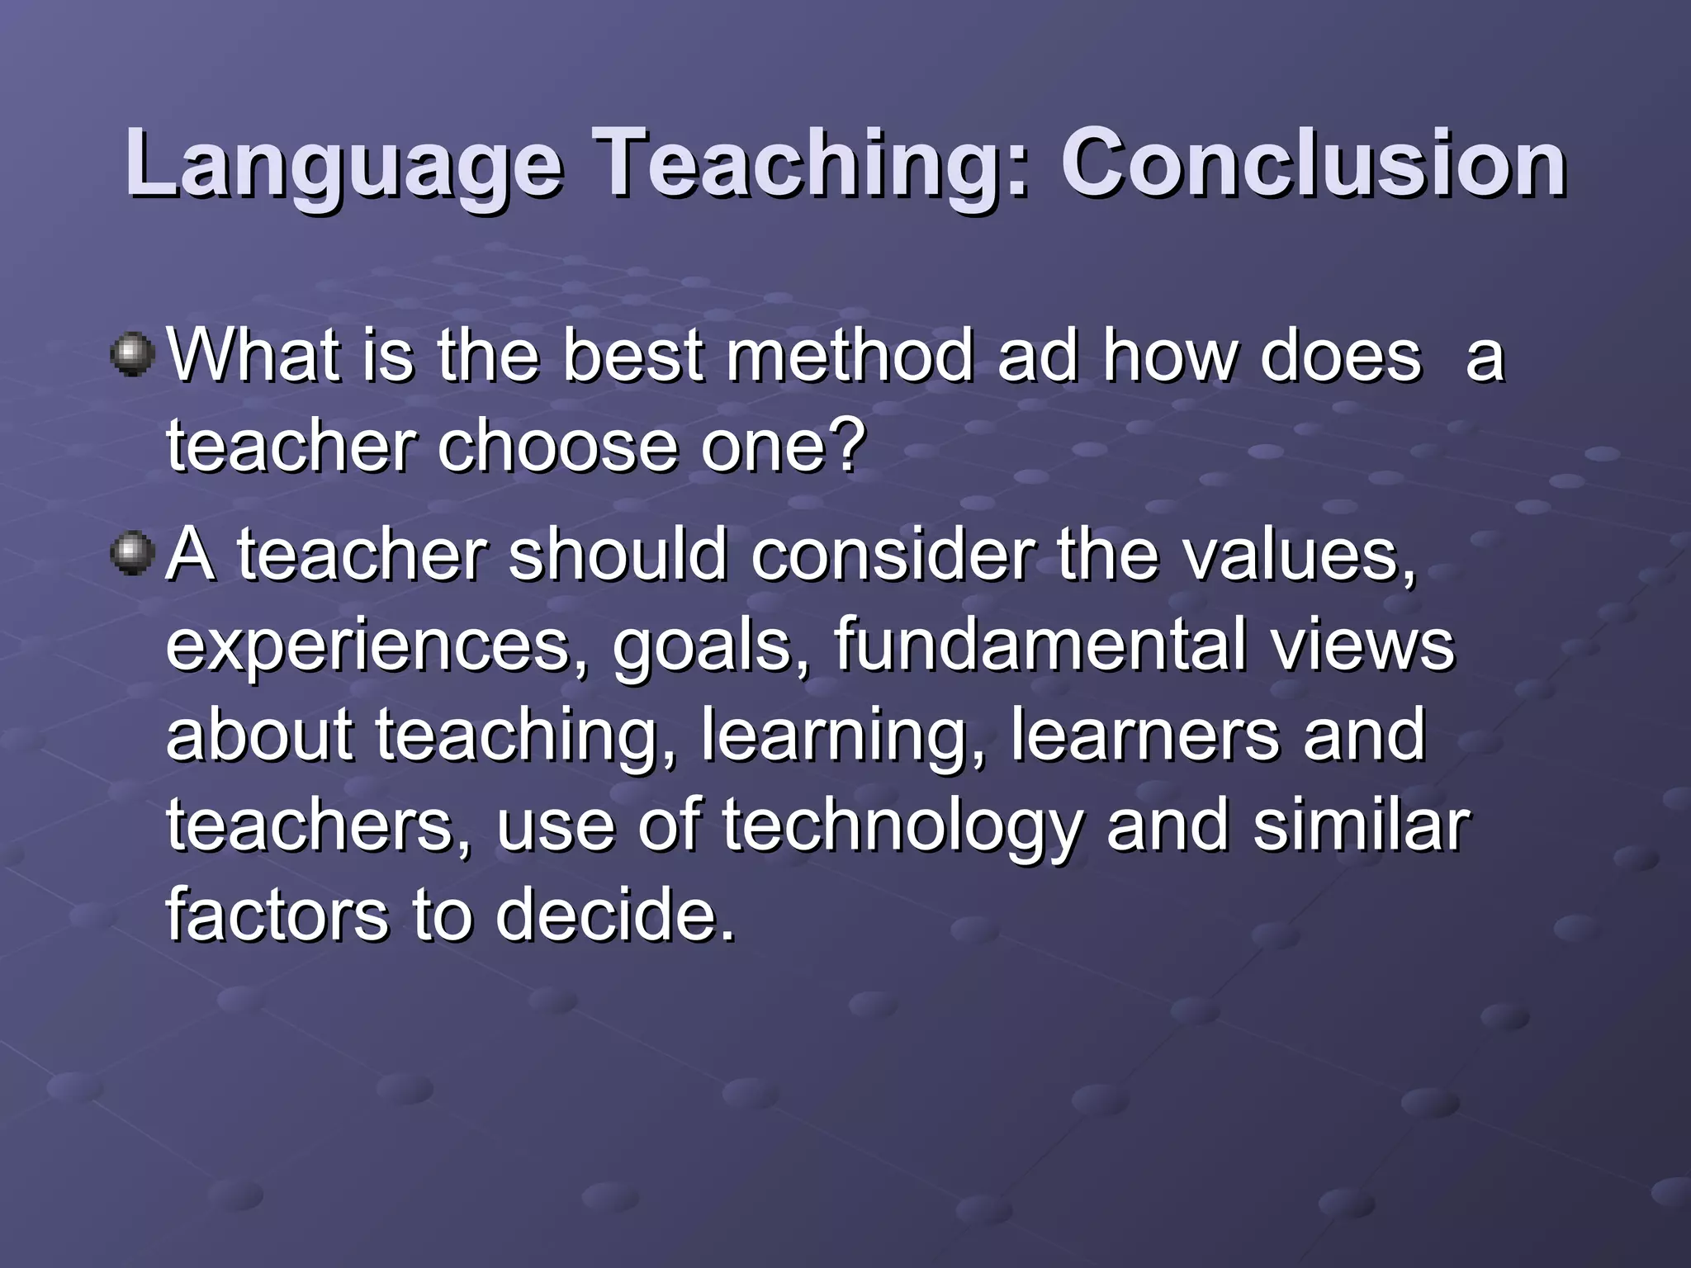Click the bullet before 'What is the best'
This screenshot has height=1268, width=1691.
tap(132, 355)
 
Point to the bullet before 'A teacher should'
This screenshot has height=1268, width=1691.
tap(132, 553)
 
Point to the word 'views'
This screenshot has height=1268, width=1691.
tap(1362, 646)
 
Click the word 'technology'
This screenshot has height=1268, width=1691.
tap(902, 827)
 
